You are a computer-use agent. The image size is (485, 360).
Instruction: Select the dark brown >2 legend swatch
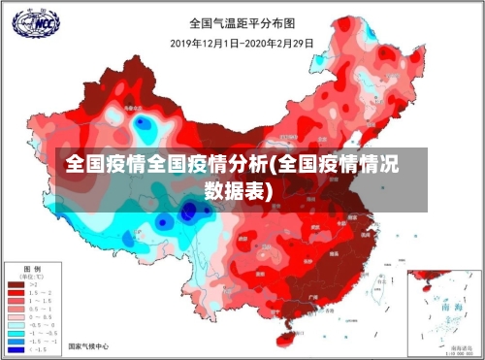click(x=16, y=285)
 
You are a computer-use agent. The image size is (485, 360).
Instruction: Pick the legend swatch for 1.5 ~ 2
click(x=16, y=293)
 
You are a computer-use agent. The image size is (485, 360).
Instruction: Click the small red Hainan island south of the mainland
click(x=289, y=338)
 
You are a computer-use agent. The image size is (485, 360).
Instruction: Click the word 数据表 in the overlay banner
click(x=237, y=190)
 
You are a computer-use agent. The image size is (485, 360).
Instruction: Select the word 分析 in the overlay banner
click(x=249, y=163)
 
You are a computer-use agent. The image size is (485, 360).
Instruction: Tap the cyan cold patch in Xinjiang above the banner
click(x=145, y=126)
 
